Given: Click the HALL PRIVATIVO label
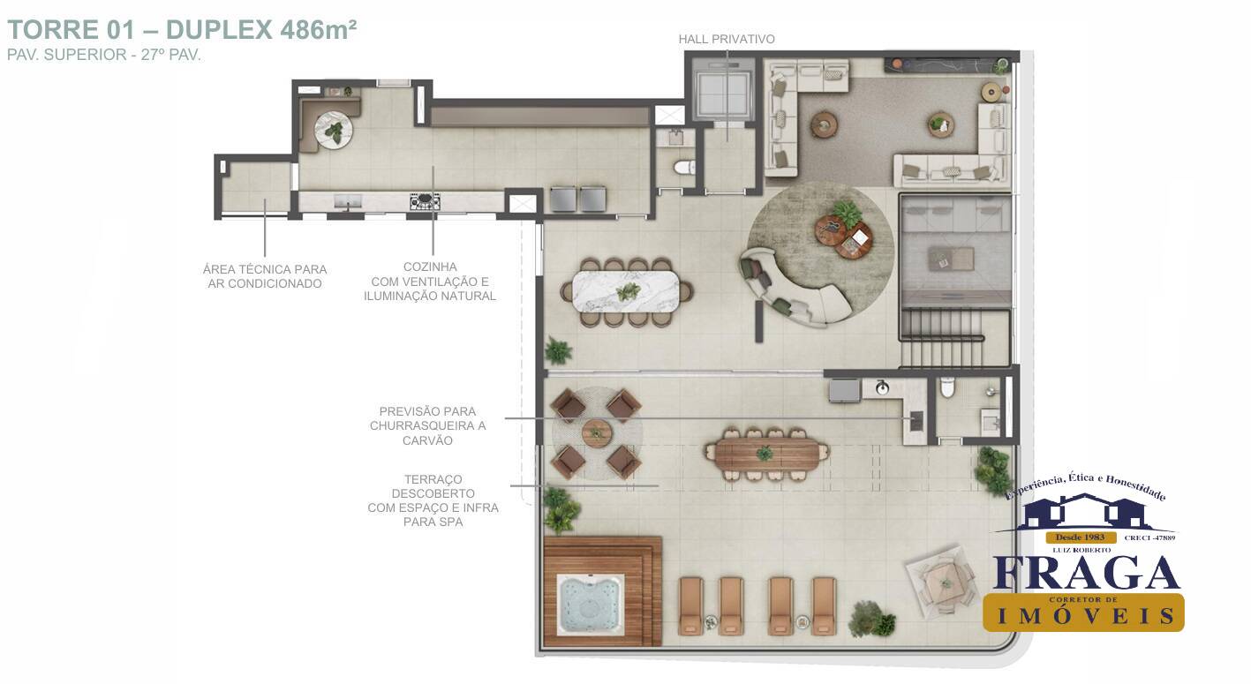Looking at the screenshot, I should (726, 39).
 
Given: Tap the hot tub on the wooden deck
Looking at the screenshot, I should (591, 605).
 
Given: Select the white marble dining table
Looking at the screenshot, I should (628, 290).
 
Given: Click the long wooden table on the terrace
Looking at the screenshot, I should (766, 454).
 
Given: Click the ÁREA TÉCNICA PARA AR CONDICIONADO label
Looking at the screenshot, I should (264, 276).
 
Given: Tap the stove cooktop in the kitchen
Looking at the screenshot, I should (425, 202).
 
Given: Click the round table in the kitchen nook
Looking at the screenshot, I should (334, 131).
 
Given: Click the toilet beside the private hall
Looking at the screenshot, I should (682, 167).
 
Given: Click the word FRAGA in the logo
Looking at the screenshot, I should (1086, 574).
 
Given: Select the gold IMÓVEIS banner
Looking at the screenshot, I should (1083, 613).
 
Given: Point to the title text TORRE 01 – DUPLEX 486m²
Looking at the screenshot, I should (182, 29).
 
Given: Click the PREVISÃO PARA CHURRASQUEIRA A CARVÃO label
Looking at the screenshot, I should (428, 425).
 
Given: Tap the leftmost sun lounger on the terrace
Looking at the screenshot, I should (690, 605).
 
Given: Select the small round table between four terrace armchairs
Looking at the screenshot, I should (597, 433).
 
